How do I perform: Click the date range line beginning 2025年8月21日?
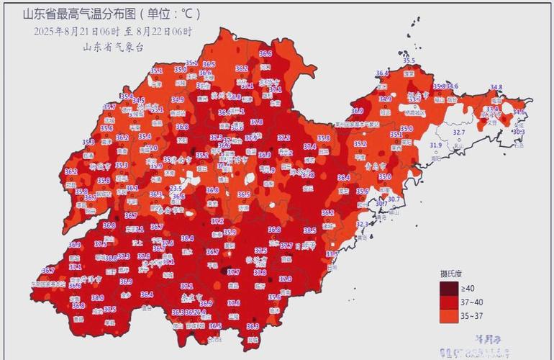point(112,31)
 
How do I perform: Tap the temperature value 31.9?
point(436,145)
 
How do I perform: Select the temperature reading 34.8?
point(496,87)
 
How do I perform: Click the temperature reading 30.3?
point(518,132)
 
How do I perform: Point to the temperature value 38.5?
point(309,230)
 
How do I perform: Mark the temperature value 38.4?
point(187,238)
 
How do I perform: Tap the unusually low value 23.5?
point(176,188)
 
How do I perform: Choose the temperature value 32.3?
point(363,224)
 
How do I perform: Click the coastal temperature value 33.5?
point(332,253)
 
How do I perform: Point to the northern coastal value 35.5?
point(409,61)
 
